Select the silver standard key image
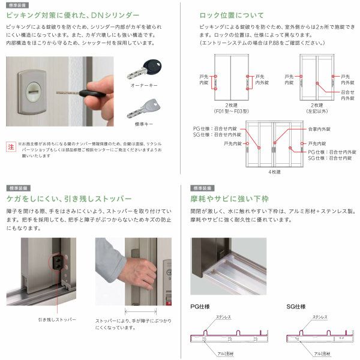[142, 110]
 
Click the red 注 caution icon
[10, 146]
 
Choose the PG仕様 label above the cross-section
[200, 305]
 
